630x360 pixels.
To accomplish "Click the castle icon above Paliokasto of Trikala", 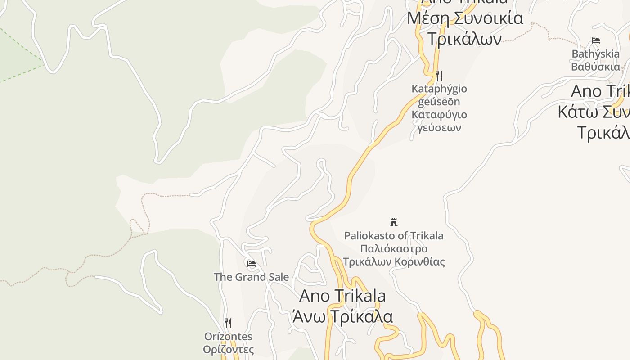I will point(394,222).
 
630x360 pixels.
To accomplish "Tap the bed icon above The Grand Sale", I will point(252,263).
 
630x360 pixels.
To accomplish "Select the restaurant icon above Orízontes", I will point(228,323).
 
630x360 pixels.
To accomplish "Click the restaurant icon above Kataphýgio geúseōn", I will point(439,75).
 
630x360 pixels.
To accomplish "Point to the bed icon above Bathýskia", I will point(596,40).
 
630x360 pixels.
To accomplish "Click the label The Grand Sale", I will point(251,277).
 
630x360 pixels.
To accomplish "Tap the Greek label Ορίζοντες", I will point(228,349).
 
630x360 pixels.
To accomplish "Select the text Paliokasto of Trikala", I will point(394,235).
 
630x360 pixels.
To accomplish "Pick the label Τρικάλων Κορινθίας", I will point(394,261).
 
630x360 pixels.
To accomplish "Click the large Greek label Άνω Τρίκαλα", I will point(342,316).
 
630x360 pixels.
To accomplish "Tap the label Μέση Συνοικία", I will point(465,18).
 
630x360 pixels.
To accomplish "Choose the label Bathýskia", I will point(595,54).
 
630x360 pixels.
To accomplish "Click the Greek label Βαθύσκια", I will point(595,67).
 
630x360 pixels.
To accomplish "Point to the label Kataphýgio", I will point(439,89).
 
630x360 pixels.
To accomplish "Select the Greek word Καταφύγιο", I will point(439,114).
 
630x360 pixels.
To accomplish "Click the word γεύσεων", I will point(439,127).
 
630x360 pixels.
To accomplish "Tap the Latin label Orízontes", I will point(228,337).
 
